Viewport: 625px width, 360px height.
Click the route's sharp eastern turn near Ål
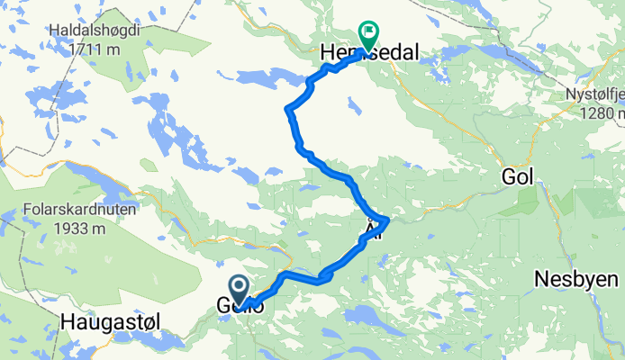point(386,220)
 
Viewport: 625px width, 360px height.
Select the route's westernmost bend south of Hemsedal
point(288,111)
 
